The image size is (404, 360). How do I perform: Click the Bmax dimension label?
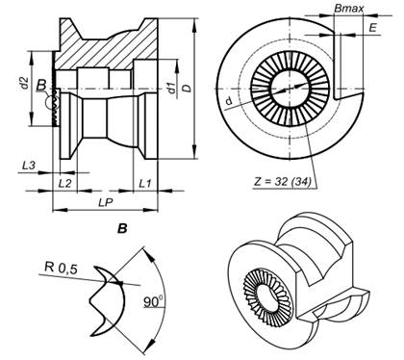click(x=349, y=8)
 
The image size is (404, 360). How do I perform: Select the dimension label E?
click(x=372, y=28)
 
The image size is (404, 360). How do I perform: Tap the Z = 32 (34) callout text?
click(x=283, y=182)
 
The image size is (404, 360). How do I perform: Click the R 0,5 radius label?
click(x=61, y=268)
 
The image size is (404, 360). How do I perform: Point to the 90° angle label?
click(x=153, y=301)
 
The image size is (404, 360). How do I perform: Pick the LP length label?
click(x=106, y=202)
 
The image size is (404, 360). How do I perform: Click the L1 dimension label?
click(x=144, y=184)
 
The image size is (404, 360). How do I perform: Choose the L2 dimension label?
click(x=65, y=184)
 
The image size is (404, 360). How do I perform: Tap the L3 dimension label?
click(x=29, y=166)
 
